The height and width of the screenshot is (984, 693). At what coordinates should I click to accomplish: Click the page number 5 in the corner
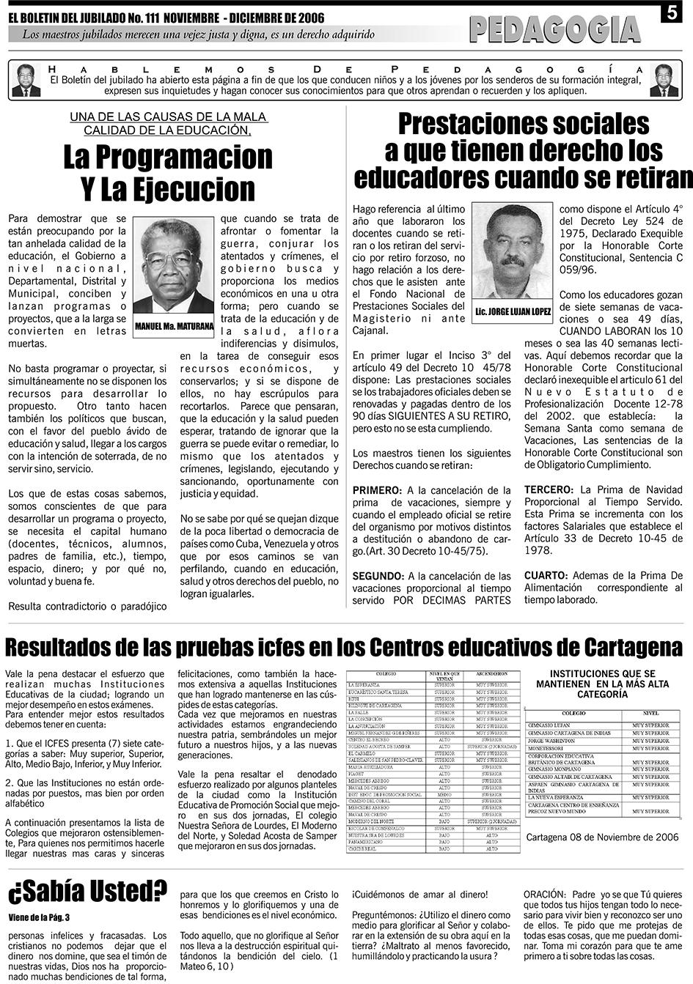click(x=674, y=12)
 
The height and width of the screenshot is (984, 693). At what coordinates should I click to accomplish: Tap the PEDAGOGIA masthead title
click(x=555, y=30)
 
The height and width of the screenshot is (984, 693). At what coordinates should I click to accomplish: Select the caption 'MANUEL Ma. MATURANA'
click(x=174, y=325)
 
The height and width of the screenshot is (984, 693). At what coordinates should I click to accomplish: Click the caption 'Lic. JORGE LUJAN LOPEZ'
click(x=513, y=311)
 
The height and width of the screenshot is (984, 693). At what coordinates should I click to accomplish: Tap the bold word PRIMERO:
click(x=377, y=490)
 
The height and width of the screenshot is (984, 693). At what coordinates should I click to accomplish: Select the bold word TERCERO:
click(x=549, y=489)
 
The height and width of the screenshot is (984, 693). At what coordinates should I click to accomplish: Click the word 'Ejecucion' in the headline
click(x=194, y=189)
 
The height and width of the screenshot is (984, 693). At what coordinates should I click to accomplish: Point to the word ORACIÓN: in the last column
click(x=544, y=895)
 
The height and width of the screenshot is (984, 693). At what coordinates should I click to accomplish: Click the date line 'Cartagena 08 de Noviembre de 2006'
click(x=602, y=837)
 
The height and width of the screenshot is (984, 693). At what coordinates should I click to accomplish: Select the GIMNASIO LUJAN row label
click(x=550, y=725)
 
